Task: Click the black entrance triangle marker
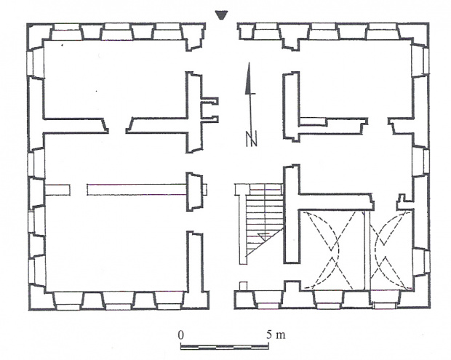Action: click(221, 15)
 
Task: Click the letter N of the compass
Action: click(251, 139)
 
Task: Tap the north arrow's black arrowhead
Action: click(249, 79)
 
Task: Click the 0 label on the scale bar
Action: click(180, 335)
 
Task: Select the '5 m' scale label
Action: click(275, 335)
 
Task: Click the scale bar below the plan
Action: click(224, 347)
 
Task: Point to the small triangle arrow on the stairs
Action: click(264, 236)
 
